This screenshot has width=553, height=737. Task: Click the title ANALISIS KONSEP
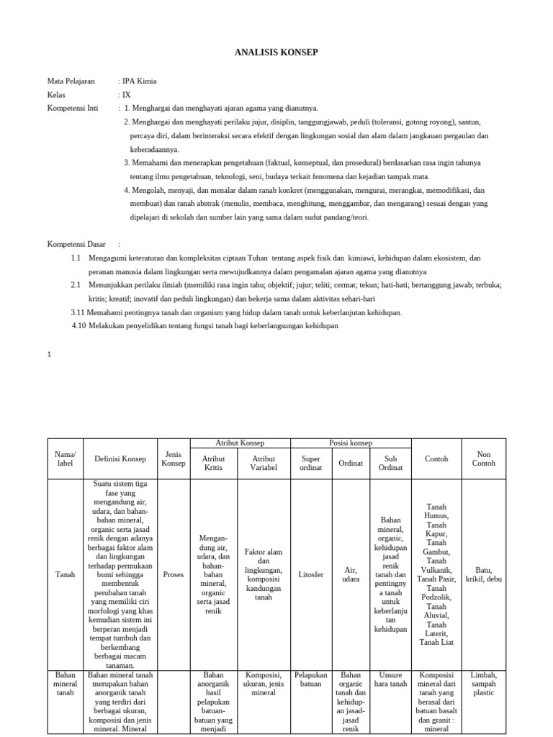(276, 53)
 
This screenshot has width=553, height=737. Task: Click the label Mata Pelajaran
(71, 81)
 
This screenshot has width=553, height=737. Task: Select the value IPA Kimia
(140, 81)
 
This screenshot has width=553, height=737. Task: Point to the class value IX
(127, 95)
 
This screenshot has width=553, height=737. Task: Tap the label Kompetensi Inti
(73, 108)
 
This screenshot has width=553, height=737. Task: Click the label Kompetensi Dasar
(75, 244)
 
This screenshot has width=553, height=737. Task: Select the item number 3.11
(78, 312)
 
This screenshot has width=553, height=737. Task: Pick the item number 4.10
(79, 326)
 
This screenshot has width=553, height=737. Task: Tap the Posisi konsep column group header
(350, 443)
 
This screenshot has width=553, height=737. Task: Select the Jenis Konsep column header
(174, 459)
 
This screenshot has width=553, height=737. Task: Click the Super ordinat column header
(310, 464)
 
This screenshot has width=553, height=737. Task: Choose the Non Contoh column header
(483, 459)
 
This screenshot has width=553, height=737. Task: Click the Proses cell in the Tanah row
(174, 575)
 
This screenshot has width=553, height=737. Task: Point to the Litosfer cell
(310, 575)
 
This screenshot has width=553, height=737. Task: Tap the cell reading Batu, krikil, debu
(483, 575)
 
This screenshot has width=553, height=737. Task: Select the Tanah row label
(66, 575)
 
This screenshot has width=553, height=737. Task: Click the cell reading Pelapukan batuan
(310, 679)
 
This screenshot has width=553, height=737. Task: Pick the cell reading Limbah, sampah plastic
(483, 684)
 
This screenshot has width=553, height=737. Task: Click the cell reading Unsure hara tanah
(390, 679)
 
